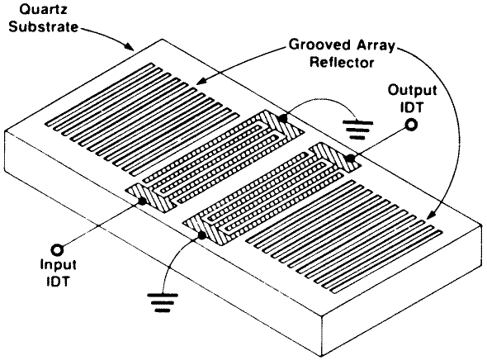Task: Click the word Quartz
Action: (x=43, y=10)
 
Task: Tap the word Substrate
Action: (x=44, y=26)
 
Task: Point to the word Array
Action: (x=376, y=45)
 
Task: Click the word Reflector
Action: (x=342, y=62)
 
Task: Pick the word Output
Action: (x=413, y=90)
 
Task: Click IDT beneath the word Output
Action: (x=412, y=107)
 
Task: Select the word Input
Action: (x=59, y=266)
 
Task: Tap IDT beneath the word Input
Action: (x=58, y=281)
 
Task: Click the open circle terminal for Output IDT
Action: (x=411, y=125)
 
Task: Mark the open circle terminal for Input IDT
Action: (x=58, y=249)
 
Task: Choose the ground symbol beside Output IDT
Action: (x=357, y=130)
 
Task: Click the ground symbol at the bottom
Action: (x=163, y=302)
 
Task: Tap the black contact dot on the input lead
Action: (x=142, y=201)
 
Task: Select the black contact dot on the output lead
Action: (x=351, y=158)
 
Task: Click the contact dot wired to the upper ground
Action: (x=282, y=118)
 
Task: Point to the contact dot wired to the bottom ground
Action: (x=202, y=235)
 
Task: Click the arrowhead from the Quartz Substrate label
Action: (x=130, y=46)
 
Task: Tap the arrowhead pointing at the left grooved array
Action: (x=201, y=82)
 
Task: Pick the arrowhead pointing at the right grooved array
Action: (x=432, y=215)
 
